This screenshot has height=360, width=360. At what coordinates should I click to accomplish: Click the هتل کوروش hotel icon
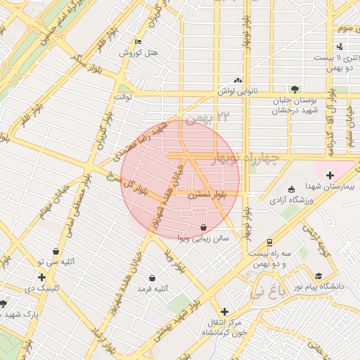pos(138,41)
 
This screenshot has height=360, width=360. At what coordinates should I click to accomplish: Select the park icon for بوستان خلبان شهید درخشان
pos(295,89)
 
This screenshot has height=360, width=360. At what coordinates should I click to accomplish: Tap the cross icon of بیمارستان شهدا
pos(330,174)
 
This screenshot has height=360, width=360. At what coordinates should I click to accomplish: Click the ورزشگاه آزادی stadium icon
pos(292,189)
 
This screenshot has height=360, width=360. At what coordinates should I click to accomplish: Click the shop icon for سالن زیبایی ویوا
pos(203,227)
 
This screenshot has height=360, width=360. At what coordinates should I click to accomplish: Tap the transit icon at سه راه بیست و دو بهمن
pos(270,243)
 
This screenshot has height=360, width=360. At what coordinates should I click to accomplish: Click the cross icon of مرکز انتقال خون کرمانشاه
pos(224,311)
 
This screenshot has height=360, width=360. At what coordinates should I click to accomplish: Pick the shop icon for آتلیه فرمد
pos(152,278)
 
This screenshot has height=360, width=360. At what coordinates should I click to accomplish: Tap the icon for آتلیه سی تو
pos(56,250)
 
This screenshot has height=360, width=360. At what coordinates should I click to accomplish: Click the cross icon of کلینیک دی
pos(41,277)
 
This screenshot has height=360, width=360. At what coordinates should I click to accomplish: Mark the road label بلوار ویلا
pos(173,262)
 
